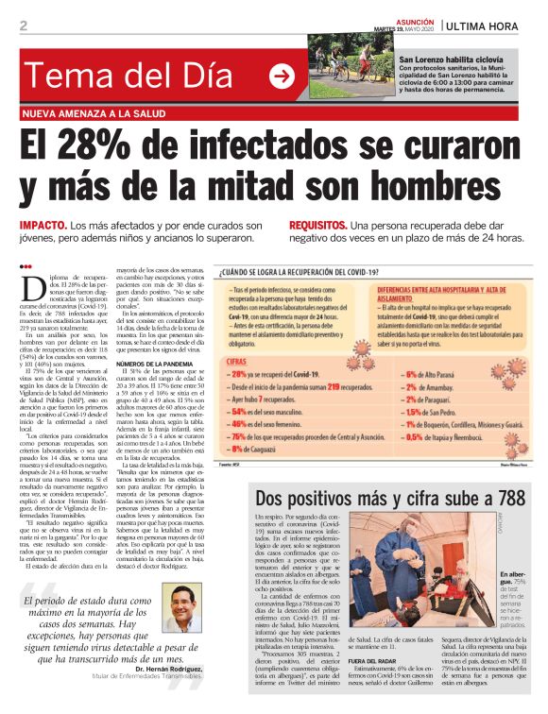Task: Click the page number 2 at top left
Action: click(x=24, y=25)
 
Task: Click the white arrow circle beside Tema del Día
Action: click(x=281, y=76)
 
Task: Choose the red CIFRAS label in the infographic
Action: click(x=240, y=361)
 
